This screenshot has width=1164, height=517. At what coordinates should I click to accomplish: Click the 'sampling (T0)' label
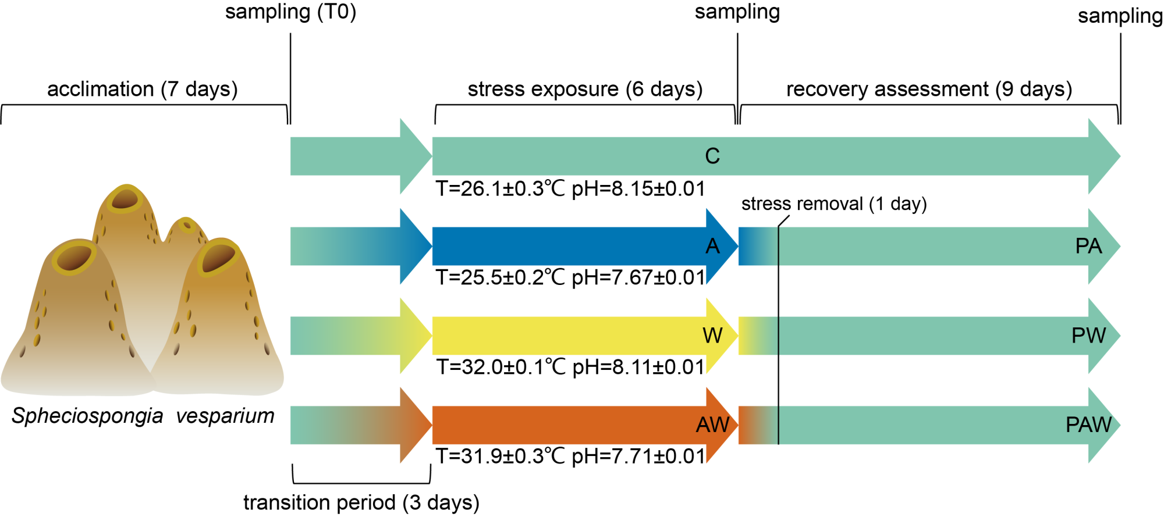pos(290,12)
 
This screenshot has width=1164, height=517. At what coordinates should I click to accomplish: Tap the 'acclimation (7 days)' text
pos(143,89)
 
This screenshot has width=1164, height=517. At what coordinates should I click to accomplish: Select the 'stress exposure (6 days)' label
pos(585,89)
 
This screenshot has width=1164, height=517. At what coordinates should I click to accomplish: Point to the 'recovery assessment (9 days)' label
pos(929,89)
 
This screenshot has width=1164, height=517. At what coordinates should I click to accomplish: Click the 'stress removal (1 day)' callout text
pos(833,204)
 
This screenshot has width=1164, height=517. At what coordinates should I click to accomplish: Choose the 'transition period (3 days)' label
pos(361,502)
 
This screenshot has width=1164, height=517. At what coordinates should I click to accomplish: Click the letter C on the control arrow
pos(712,156)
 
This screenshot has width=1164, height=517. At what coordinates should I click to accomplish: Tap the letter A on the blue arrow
pos(712,247)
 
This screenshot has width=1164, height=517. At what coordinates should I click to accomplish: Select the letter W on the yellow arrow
pos(712,336)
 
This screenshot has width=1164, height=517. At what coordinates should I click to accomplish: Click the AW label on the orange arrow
pos(712,425)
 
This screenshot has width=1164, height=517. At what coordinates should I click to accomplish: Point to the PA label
pos(1088,247)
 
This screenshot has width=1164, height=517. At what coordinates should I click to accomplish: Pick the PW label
pos(1088,336)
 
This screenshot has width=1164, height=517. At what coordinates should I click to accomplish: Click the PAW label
pos(1088,425)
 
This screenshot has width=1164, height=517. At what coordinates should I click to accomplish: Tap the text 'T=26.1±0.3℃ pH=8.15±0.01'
pos(570,189)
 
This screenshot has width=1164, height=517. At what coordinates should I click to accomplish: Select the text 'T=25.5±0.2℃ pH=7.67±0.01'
pos(570,278)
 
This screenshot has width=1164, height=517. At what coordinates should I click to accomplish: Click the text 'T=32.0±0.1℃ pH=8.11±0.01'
pos(570,368)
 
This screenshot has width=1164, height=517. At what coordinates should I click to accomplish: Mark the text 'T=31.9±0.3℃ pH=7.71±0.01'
pos(570,457)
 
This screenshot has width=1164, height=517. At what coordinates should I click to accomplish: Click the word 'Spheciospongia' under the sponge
pos(87,416)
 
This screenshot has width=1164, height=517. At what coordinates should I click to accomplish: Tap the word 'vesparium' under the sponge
pos(225,416)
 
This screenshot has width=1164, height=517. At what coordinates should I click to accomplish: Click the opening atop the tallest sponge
pos(125,200)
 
